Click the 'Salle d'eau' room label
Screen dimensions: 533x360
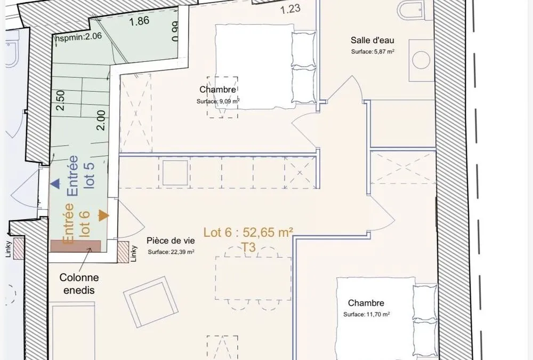pos(372,40)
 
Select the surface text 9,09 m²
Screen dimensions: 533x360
pos(229,101)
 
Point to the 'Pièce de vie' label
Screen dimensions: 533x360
pos(171,241)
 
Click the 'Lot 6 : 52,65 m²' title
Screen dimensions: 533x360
pos(248,233)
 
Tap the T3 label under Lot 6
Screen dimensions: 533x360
pos(248,247)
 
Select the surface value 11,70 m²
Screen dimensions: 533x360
pos(378,315)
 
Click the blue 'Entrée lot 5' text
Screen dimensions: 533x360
pos(81,175)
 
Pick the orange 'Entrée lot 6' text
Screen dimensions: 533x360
pos(76,223)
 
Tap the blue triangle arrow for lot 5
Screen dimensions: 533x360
pos(55,184)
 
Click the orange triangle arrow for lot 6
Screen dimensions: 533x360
pos(104,215)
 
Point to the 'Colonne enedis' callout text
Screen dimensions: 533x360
pos(79,284)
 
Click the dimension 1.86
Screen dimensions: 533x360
pos(139,21)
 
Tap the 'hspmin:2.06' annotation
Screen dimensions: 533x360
pos(78,36)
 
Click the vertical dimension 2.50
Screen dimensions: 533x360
pos(60,100)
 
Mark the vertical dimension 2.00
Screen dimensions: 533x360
pos(101,121)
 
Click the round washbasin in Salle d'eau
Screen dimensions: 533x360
pos(421,60)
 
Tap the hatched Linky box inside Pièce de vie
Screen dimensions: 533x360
pos(123,252)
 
